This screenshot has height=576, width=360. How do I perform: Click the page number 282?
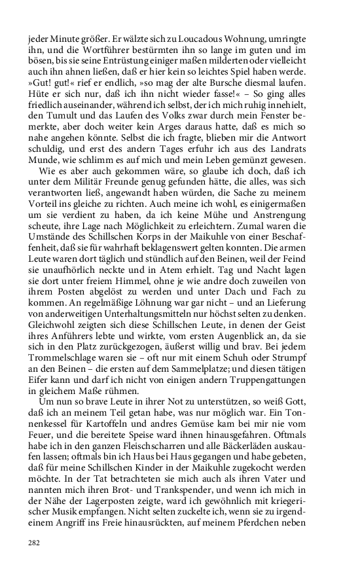click(x=33, y=542)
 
